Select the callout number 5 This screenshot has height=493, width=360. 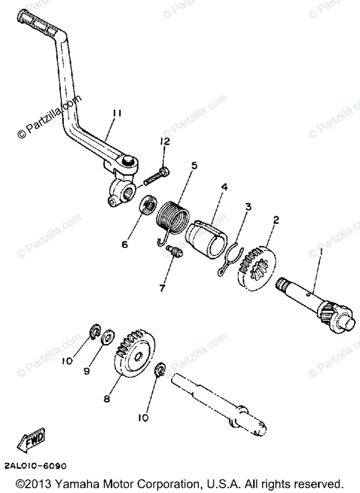[x=194, y=166]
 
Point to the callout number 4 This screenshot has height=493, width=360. [x=224, y=187]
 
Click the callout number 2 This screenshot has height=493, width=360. [x=276, y=220]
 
